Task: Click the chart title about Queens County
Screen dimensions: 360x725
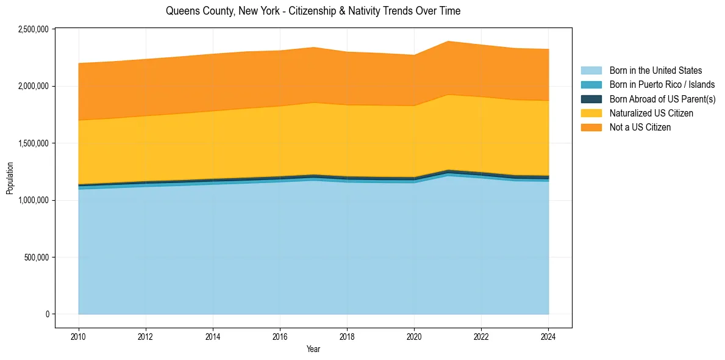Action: click(313, 11)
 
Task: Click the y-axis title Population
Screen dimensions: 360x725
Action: click(10, 178)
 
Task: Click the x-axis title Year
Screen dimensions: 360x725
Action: click(313, 349)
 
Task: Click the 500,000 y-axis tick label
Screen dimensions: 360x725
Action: click(37, 257)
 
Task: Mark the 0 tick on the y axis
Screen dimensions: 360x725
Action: click(46, 314)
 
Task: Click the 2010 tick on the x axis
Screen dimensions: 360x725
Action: click(78, 336)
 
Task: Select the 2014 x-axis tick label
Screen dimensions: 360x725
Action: click(213, 336)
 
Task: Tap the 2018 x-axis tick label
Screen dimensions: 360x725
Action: click(347, 336)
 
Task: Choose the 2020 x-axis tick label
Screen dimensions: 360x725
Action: click(414, 336)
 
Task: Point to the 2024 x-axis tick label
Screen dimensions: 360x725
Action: click(549, 336)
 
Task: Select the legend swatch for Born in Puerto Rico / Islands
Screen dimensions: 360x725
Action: click(591, 85)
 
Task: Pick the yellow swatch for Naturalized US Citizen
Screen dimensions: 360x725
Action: click(591, 113)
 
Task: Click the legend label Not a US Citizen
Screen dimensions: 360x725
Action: click(640, 127)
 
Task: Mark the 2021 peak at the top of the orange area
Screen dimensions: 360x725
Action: click(448, 41)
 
